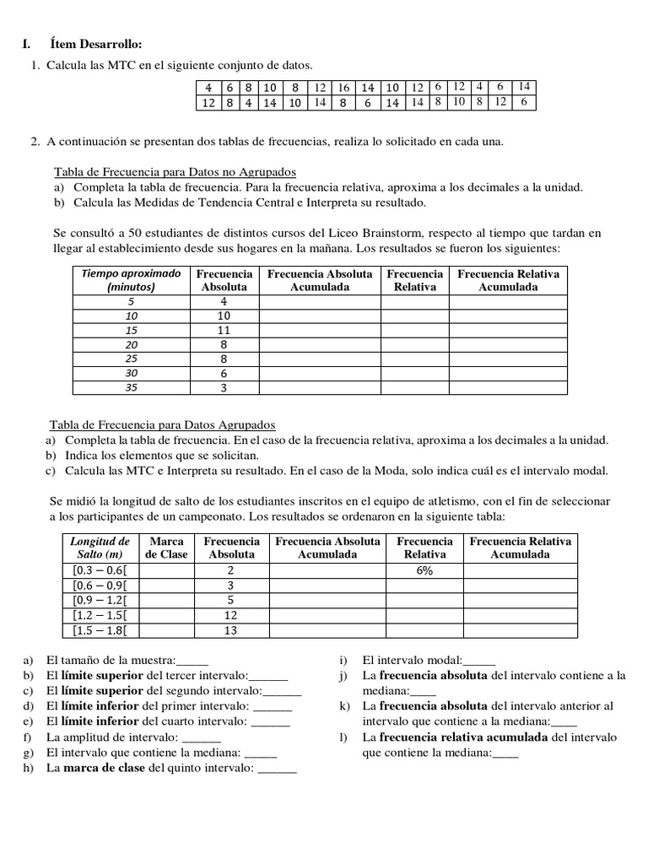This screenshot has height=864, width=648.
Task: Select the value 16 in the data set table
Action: (x=343, y=87)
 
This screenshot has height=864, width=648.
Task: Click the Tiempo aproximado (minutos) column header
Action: (x=131, y=280)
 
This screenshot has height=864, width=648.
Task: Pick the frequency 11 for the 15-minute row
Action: (x=224, y=330)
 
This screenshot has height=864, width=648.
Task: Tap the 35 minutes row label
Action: (x=131, y=387)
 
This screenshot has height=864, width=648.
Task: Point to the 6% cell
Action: (x=424, y=570)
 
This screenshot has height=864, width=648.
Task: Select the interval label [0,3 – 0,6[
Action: (x=101, y=570)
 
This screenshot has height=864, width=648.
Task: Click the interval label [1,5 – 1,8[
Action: (x=101, y=630)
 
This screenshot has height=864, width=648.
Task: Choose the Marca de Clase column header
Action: (x=166, y=548)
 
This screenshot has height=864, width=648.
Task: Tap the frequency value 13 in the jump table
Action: (x=232, y=630)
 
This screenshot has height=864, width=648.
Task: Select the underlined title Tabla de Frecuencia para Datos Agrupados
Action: (x=162, y=425)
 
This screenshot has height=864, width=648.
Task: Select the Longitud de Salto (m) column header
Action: (x=100, y=548)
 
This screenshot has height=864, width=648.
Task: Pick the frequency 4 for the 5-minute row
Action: (x=224, y=301)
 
